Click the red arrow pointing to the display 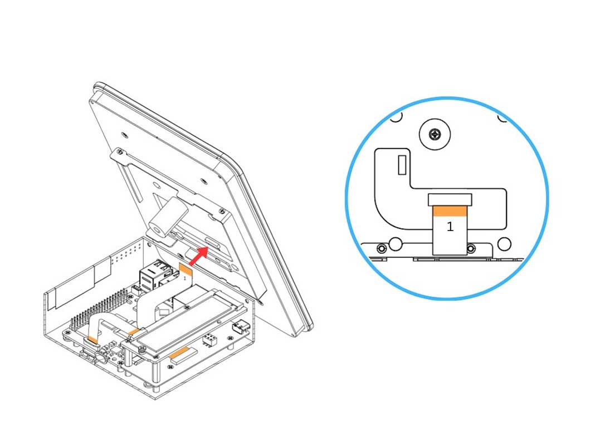click(198, 257)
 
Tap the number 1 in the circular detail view click(450, 227)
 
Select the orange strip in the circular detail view click(450, 211)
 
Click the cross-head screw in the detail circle click(435, 134)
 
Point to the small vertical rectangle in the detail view click(402, 165)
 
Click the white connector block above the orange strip click(450, 200)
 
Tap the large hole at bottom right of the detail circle click(504, 244)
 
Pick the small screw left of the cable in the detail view click(382, 248)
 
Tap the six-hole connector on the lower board click(209, 340)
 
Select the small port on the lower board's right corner click(240, 327)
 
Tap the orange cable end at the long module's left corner click(134, 331)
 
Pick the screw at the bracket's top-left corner click(120, 151)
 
